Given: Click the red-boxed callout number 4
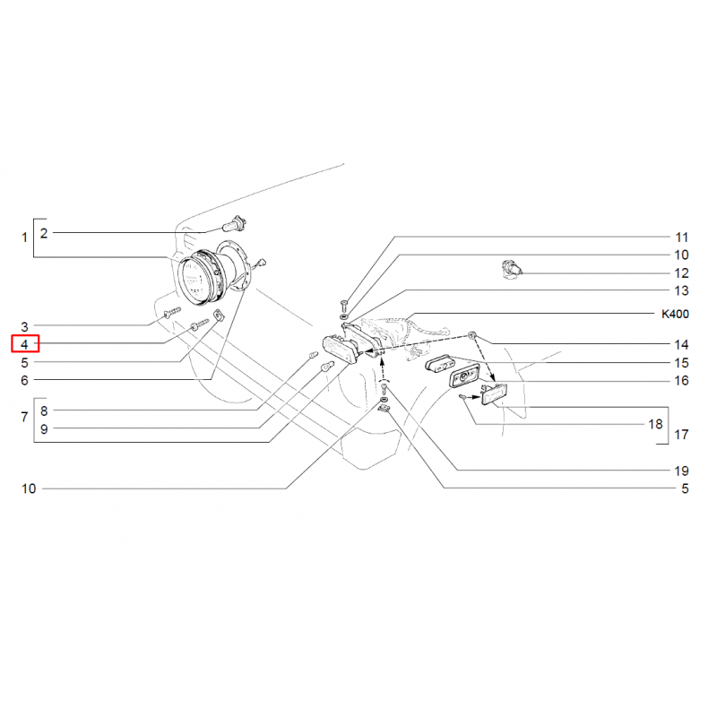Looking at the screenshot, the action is [x=25, y=344].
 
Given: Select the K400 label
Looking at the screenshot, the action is [x=675, y=315].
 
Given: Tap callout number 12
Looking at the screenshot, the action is [x=681, y=273].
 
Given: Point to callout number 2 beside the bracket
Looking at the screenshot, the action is [x=44, y=233].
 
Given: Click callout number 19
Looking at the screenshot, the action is [x=681, y=471].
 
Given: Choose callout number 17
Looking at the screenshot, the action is [x=681, y=435].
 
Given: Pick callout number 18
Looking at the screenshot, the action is [x=655, y=424].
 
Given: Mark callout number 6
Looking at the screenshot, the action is [x=25, y=380].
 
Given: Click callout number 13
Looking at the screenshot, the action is [x=681, y=290].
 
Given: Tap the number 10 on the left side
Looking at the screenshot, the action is [x=29, y=488].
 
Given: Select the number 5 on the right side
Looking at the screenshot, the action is [x=685, y=488].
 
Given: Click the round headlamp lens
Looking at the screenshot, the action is [x=195, y=280].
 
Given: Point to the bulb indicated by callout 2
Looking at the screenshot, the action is [x=235, y=225].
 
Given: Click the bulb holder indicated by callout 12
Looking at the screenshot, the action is [x=511, y=269].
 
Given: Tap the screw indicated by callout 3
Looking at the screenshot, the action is [x=172, y=313].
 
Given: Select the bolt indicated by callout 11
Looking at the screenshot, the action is [x=344, y=305].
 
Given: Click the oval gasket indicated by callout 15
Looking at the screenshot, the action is [x=441, y=364].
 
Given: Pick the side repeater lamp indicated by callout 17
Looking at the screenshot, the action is [x=493, y=395].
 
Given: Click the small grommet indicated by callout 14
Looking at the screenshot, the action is [x=472, y=336].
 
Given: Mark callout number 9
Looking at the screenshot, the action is [x=44, y=429].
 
